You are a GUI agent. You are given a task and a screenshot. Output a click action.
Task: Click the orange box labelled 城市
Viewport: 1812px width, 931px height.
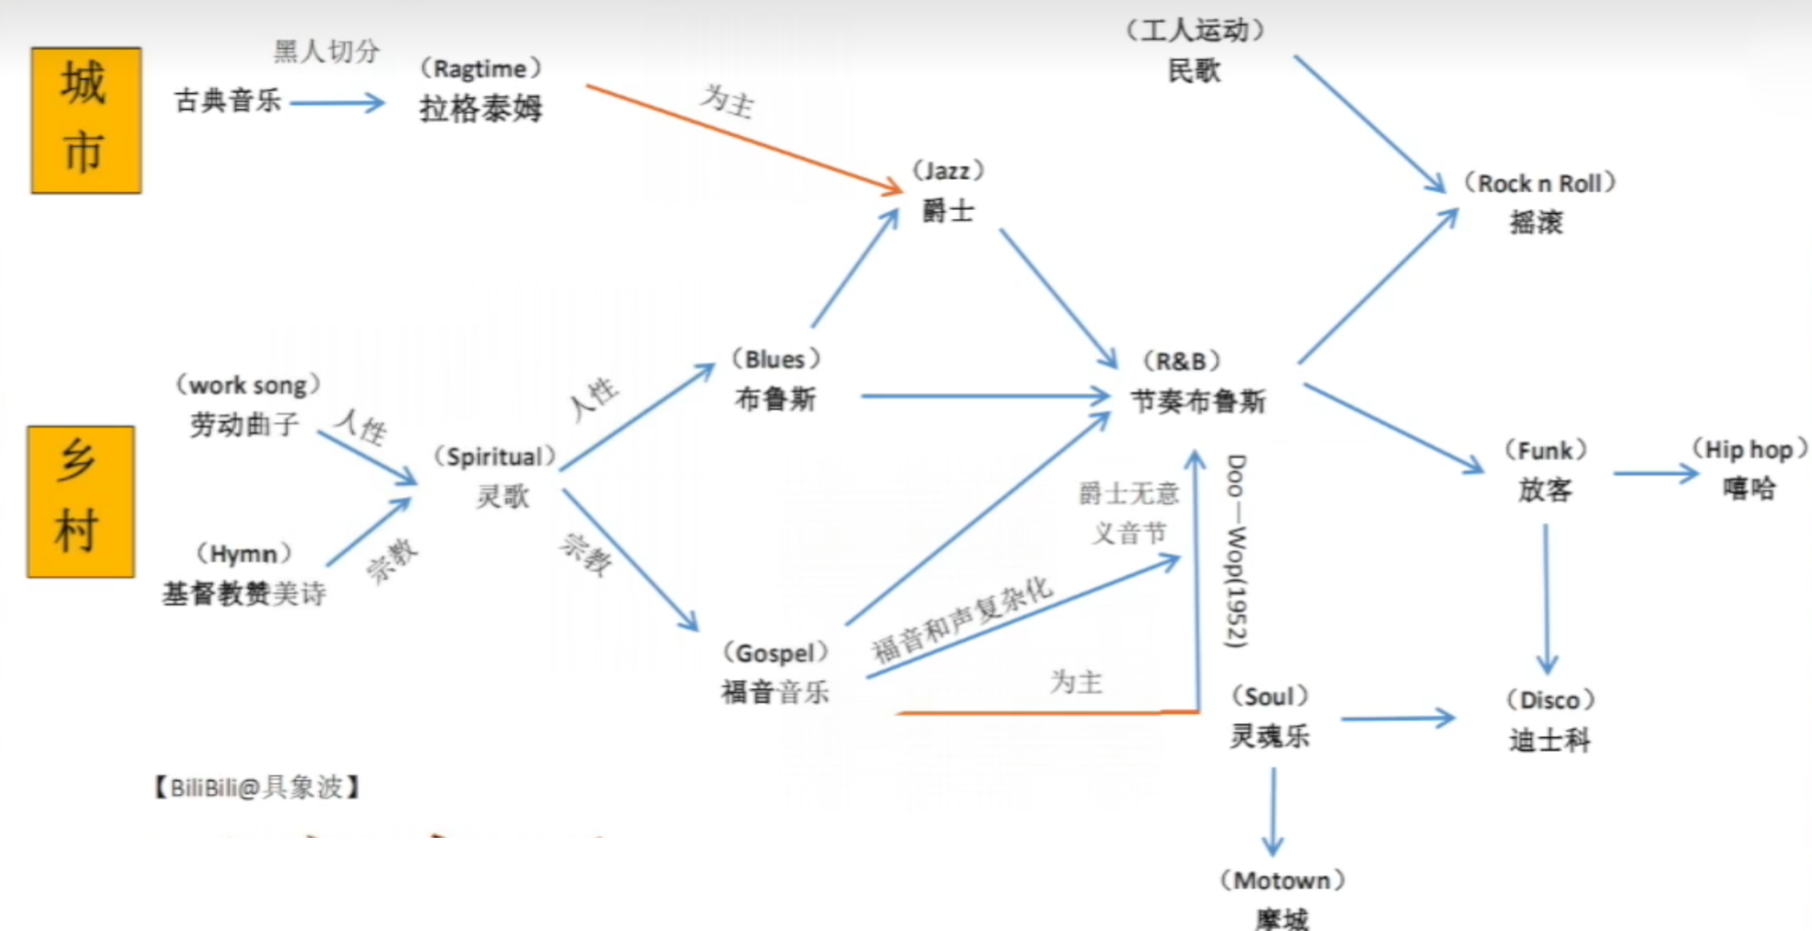click(86, 120)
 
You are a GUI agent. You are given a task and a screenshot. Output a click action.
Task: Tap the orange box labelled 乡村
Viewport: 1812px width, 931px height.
click(80, 502)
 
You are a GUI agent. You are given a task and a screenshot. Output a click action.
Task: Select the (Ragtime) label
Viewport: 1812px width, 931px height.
click(481, 69)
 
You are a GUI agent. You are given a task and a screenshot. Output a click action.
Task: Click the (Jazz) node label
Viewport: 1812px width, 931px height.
click(948, 171)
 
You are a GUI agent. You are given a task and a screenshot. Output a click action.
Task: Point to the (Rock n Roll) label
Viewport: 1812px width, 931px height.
click(1539, 183)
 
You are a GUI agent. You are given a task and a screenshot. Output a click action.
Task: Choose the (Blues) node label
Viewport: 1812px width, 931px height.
click(776, 359)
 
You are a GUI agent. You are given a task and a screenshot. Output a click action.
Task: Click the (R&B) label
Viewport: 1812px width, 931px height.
click(1180, 361)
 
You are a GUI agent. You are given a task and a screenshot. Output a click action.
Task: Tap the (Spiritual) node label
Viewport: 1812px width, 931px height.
click(494, 457)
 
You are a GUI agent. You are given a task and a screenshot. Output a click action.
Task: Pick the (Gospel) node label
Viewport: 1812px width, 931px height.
click(776, 653)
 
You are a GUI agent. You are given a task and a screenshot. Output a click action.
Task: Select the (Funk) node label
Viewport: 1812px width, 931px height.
click(1545, 451)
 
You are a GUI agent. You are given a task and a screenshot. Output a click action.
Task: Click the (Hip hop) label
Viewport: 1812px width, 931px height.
click(1749, 450)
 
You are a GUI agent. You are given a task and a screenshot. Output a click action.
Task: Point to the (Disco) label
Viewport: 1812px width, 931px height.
click(1550, 700)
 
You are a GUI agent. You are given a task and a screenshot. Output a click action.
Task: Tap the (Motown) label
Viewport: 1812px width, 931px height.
click(1281, 880)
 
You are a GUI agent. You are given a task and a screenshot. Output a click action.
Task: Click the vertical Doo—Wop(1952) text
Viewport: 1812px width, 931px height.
click(1236, 551)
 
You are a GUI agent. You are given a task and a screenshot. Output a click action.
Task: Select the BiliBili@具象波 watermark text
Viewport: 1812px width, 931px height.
click(257, 787)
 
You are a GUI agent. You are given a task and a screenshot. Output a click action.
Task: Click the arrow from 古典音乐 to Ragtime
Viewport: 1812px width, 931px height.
click(337, 102)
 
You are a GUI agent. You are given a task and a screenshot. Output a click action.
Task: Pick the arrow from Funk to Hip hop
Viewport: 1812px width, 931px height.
click(1655, 474)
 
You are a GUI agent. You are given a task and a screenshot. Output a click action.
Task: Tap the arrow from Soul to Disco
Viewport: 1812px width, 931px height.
click(1396, 718)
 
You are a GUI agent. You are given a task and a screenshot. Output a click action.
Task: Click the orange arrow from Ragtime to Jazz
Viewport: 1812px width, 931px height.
click(744, 137)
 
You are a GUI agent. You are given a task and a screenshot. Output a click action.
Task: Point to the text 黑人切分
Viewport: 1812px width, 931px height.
click(326, 51)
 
